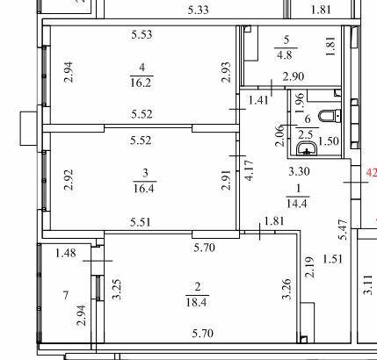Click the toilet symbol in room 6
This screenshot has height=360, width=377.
click(x=330, y=116)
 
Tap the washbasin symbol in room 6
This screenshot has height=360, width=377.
click(x=307, y=148)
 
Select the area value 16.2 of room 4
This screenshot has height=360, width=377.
click(x=141, y=83)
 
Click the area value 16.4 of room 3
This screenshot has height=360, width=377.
click(x=144, y=188)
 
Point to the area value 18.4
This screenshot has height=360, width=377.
click(x=196, y=302)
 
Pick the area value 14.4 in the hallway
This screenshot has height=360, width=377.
click(x=297, y=203)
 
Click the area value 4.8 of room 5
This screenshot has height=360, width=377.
click(x=285, y=54)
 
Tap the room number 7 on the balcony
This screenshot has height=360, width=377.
click(x=66, y=295)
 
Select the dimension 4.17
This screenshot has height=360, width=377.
click(x=250, y=170)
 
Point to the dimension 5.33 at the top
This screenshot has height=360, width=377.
click(x=199, y=11)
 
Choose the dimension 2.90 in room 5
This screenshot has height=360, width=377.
click(x=294, y=76)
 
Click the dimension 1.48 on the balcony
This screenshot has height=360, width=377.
click(x=66, y=253)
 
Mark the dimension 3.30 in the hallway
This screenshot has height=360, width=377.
click(x=299, y=171)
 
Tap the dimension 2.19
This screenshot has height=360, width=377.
click(x=309, y=267)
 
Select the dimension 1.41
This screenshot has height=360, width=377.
click(x=258, y=100)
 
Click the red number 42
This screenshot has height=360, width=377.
click(x=372, y=173)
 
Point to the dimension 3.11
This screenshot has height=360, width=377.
click(x=368, y=284)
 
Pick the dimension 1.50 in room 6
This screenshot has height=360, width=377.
click(x=329, y=141)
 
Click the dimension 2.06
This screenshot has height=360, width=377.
click(x=280, y=135)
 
